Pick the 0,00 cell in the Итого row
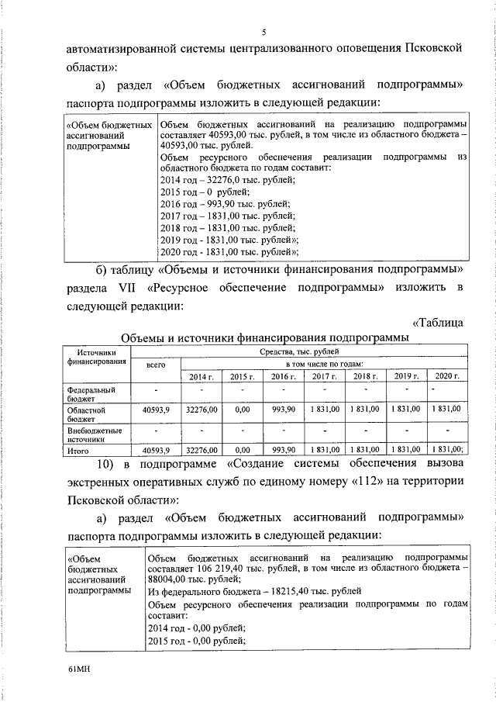point(243,449)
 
